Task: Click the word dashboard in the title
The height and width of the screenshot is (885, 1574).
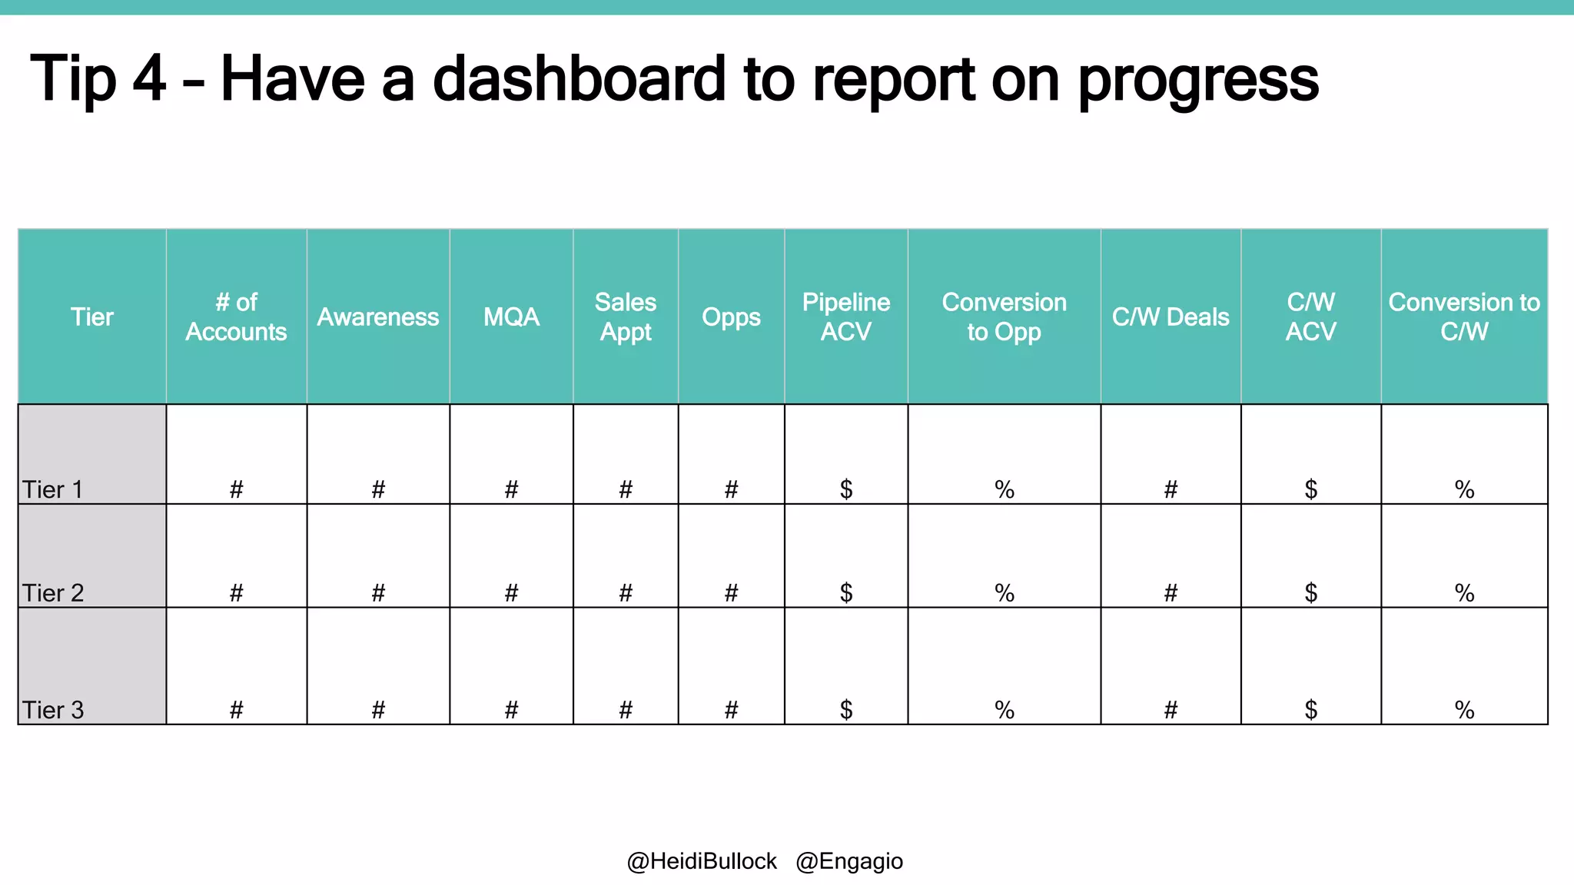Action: click(579, 79)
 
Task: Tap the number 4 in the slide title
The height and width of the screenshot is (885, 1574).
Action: click(149, 79)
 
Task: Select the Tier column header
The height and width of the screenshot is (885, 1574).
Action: click(92, 317)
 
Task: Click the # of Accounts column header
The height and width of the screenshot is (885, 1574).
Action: click(236, 317)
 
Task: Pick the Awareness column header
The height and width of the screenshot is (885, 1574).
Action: click(378, 317)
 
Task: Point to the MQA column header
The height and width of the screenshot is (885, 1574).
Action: click(511, 317)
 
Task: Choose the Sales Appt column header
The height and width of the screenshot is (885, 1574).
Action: click(626, 317)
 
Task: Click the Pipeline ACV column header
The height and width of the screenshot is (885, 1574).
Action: click(846, 317)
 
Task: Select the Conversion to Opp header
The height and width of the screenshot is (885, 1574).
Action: click(1004, 317)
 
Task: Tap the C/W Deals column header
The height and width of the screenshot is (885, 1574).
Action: click(1171, 317)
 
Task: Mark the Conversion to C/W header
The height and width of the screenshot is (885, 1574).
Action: click(1464, 317)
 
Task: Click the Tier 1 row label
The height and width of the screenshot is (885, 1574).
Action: click(52, 489)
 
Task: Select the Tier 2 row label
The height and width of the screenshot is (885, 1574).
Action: click(52, 593)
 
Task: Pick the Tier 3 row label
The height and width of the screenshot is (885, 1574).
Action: click(52, 710)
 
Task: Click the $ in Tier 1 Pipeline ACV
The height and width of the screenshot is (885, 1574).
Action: click(846, 489)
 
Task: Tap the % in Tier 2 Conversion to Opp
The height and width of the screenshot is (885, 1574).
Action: click(1004, 593)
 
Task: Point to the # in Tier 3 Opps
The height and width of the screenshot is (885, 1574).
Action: click(731, 710)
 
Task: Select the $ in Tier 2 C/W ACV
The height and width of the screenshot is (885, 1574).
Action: click(1311, 592)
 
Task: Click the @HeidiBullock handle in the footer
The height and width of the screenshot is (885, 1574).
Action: click(702, 861)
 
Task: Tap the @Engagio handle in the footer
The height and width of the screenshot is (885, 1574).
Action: click(849, 861)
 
